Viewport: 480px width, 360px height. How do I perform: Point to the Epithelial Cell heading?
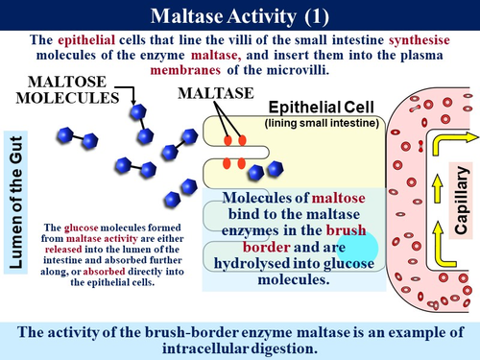pos(318,108)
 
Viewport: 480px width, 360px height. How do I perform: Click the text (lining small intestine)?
pos(323,123)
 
